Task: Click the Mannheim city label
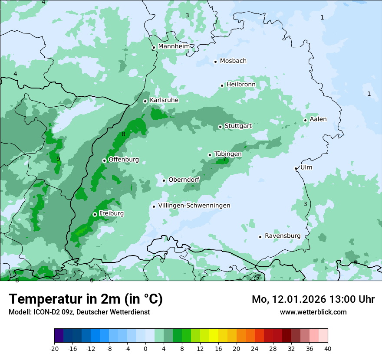click(174, 46)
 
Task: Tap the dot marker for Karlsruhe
click(145, 101)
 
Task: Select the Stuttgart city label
click(238, 126)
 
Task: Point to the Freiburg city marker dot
click(95, 214)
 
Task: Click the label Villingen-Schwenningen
click(194, 206)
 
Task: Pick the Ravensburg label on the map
click(283, 236)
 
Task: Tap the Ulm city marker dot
click(296, 168)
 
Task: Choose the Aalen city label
click(318, 119)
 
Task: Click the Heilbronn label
click(241, 85)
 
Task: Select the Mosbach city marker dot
click(215, 62)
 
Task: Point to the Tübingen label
click(228, 154)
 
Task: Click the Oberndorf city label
click(184, 180)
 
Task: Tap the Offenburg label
click(124, 160)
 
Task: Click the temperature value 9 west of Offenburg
click(58, 159)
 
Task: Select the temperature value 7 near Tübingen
click(224, 159)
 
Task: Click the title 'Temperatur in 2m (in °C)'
click(86, 299)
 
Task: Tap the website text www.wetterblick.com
click(313, 312)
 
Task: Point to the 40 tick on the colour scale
click(328, 348)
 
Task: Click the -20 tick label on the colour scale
click(54, 348)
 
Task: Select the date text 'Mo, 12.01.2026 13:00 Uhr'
click(313, 299)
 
